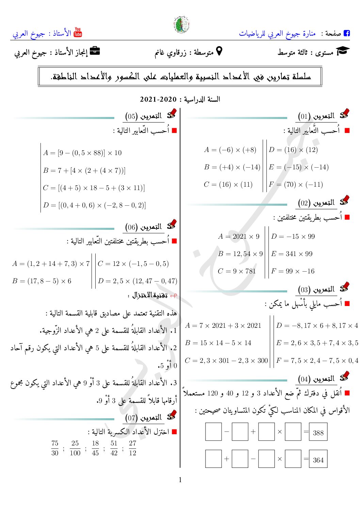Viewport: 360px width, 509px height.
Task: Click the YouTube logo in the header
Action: click(x=78, y=32)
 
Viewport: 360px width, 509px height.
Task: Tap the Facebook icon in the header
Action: click(x=347, y=33)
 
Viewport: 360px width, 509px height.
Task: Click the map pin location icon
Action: click(x=219, y=51)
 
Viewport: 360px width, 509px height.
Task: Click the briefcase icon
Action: click(x=95, y=51)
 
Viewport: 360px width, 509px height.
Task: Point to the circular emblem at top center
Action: click(x=182, y=25)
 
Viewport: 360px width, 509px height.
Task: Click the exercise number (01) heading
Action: click(x=316, y=116)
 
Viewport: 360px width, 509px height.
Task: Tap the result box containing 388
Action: click(x=318, y=432)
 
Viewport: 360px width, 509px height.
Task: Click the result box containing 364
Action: click(x=318, y=459)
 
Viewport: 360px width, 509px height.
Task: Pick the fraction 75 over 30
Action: click(x=55, y=448)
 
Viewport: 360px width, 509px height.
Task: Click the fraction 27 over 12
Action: click(x=132, y=448)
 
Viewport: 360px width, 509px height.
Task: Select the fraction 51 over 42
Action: click(x=114, y=448)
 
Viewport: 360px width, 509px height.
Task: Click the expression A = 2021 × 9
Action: click(x=239, y=236)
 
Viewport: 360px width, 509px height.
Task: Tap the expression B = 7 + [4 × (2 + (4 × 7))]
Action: click(x=84, y=170)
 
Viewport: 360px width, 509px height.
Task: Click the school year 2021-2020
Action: click(x=158, y=100)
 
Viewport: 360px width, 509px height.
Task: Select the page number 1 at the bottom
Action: click(x=180, y=480)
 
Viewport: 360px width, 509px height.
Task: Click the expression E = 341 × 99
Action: click(x=292, y=254)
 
